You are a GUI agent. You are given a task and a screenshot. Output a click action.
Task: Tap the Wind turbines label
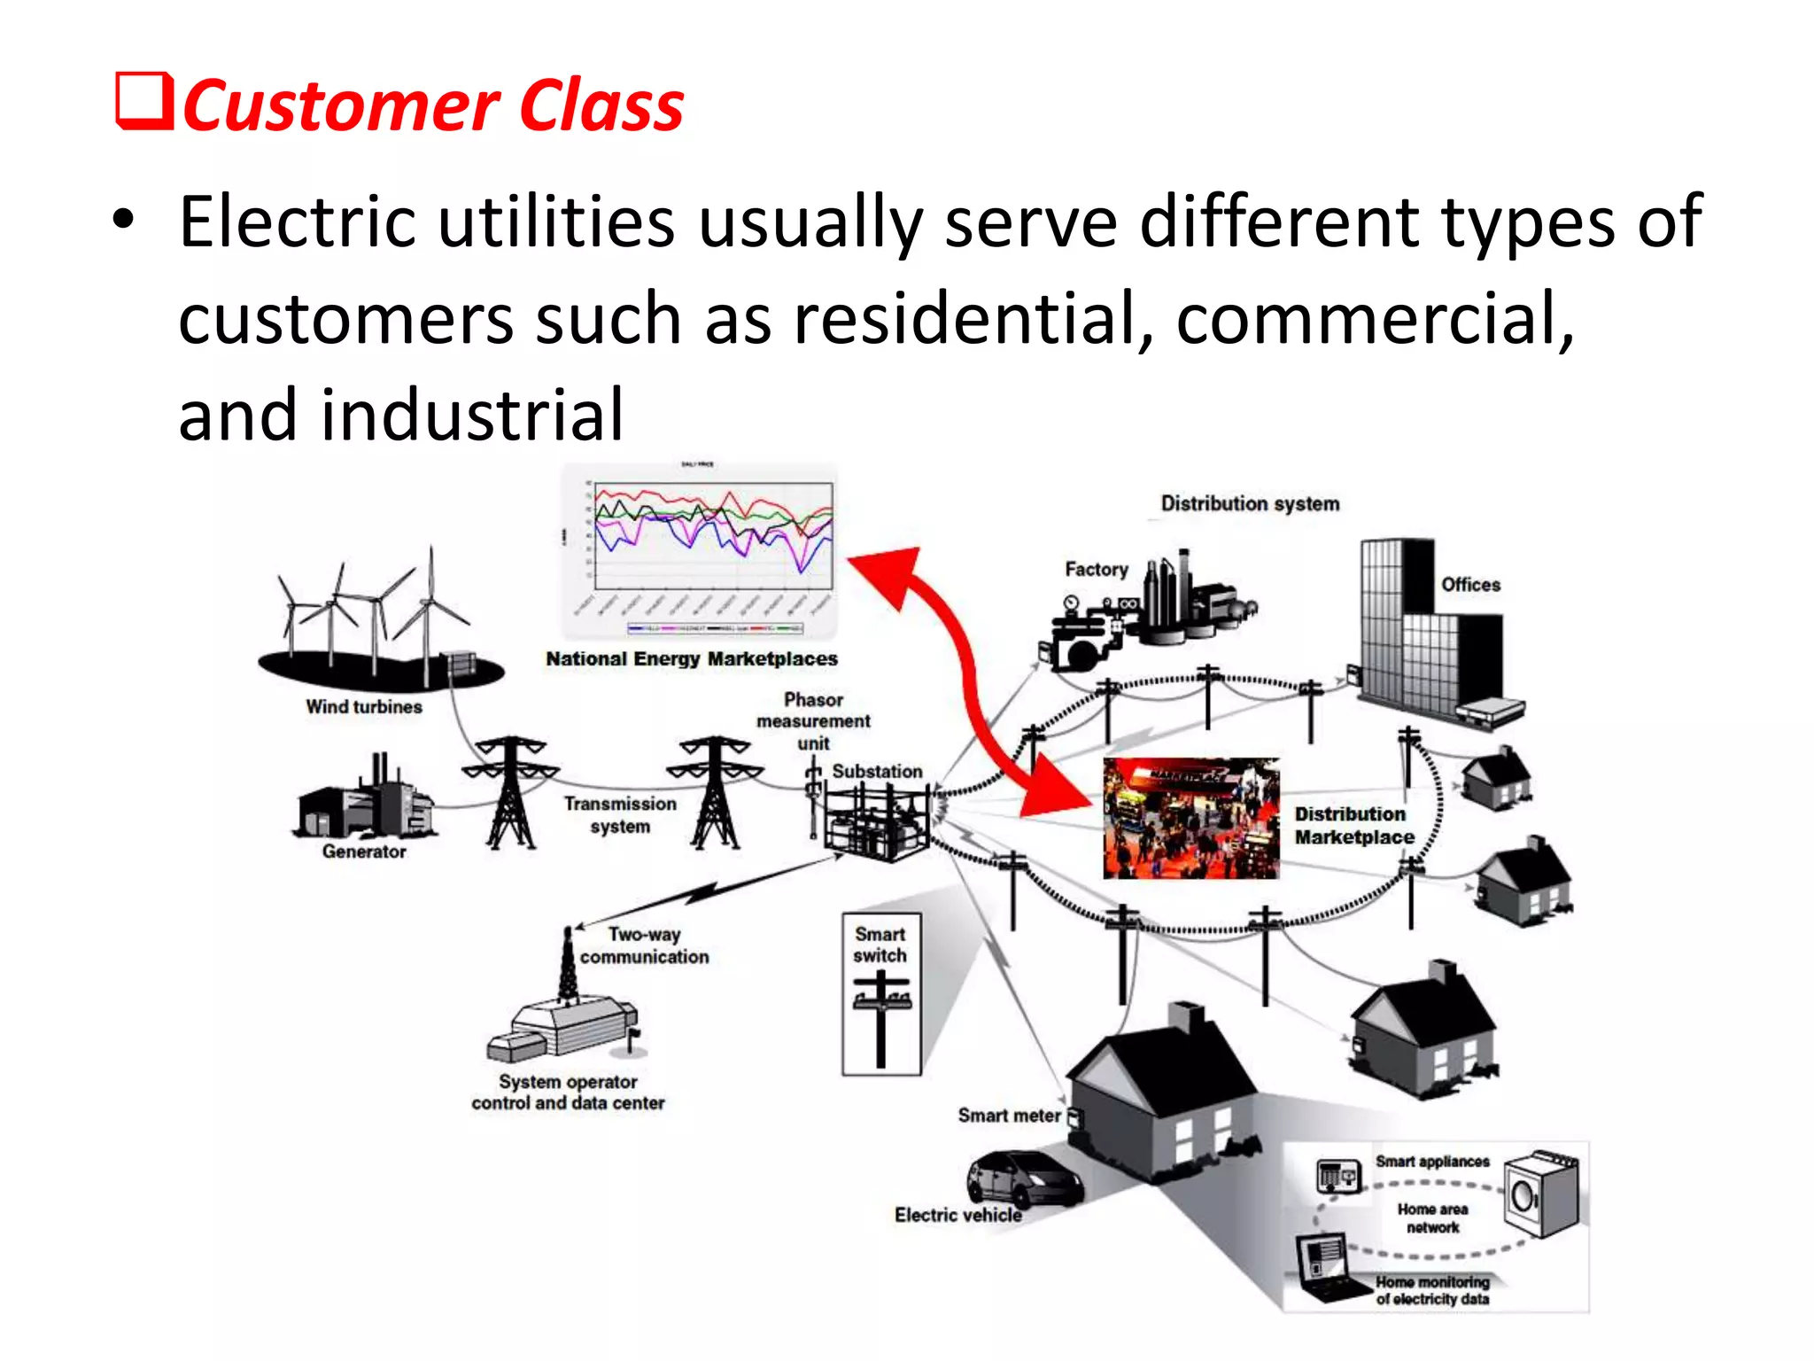click(x=364, y=707)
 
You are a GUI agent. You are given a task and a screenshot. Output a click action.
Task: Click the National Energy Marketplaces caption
click(x=691, y=659)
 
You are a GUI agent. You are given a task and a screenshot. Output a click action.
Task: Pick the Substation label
click(x=877, y=771)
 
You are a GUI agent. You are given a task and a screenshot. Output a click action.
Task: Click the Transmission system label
click(x=620, y=815)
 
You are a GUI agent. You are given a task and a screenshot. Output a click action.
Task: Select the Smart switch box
click(x=881, y=994)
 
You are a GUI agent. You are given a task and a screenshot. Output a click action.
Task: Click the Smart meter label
click(x=1009, y=1116)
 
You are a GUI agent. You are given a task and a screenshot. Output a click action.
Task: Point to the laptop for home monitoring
click(x=1324, y=1268)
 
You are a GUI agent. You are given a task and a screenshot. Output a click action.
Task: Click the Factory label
click(x=1096, y=570)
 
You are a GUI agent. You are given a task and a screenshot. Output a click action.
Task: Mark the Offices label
click(x=1470, y=585)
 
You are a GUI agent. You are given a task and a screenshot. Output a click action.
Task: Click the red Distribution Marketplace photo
click(x=1190, y=818)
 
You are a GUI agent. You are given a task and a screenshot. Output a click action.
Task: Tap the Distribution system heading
click(x=1250, y=503)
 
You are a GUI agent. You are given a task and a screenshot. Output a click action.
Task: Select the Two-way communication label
click(x=645, y=945)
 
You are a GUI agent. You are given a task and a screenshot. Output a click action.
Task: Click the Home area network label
click(x=1432, y=1218)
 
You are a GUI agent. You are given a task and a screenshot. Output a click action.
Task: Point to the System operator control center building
click(x=562, y=1028)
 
